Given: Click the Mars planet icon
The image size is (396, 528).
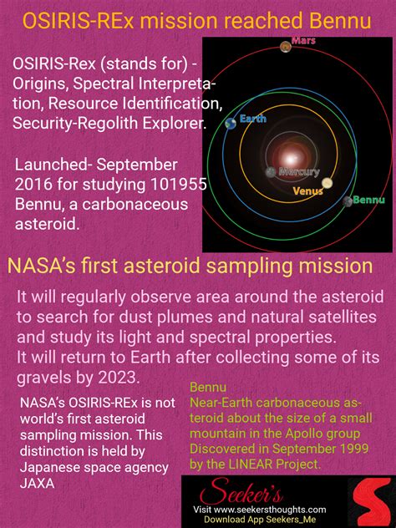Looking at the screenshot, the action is (x=286, y=46).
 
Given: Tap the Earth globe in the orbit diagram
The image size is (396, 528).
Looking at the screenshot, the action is (x=231, y=124).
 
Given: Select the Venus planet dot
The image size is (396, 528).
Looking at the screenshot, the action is (x=327, y=183).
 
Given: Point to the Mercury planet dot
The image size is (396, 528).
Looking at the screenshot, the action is (x=271, y=172).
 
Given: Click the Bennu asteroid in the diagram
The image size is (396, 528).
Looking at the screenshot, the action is (x=348, y=201).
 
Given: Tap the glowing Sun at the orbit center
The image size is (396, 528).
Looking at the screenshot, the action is (x=291, y=157).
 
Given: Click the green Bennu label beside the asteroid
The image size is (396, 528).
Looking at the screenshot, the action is (x=368, y=200).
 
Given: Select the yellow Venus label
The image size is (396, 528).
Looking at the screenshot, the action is (x=307, y=191).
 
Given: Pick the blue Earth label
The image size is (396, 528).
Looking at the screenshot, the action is (x=253, y=119).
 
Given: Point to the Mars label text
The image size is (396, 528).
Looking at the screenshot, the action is (x=303, y=41).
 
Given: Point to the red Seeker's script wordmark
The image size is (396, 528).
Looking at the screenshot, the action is (x=241, y=491).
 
